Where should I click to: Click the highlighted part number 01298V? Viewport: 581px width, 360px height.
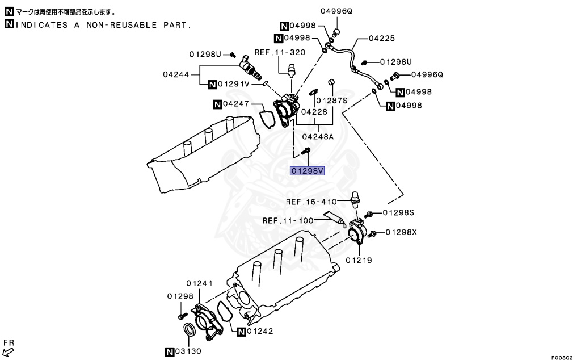pyautogui.click(x=307, y=171)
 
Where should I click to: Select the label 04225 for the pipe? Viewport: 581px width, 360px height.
pyautogui.click(x=381, y=39)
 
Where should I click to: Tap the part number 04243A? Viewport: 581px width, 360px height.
pyautogui.click(x=318, y=136)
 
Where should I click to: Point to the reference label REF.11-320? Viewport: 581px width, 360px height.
pyautogui.click(x=280, y=52)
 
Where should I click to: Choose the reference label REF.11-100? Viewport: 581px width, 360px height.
pyautogui.click(x=288, y=220)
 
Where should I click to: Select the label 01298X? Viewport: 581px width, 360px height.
pyautogui.click(x=402, y=232)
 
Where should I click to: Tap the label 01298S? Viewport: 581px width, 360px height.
pyautogui.click(x=398, y=212)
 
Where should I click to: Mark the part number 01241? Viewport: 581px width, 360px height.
pyautogui.click(x=199, y=283)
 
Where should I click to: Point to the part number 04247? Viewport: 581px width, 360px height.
pyautogui.click(x=236, y=104)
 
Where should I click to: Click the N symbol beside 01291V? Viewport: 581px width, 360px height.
pyautogui.click(x=211, y=85)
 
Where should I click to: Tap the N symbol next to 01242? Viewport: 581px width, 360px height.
pyautogui.click(x=241, y=332)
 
